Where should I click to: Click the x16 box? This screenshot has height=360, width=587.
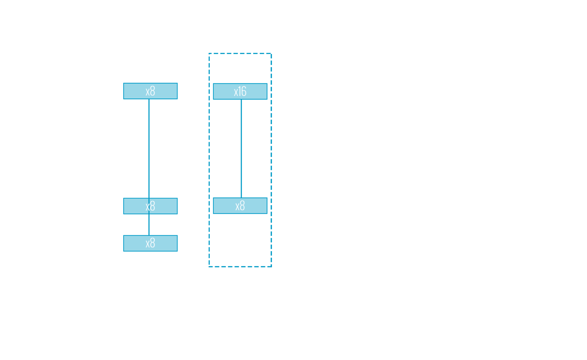(240, 91)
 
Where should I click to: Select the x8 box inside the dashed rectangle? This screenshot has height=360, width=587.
(240, 206)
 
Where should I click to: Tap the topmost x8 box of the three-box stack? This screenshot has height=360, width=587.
(150, 91)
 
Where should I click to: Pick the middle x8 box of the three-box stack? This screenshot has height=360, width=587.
(150, 206)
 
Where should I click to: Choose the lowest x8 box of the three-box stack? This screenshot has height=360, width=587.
(150, 243)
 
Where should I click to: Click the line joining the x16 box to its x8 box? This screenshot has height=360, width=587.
(241, 149)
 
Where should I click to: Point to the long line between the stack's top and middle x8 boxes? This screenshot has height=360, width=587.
(149, 149)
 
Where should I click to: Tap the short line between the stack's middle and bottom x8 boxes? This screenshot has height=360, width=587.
(149, 225)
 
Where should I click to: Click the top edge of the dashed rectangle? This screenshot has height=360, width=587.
(240, 54)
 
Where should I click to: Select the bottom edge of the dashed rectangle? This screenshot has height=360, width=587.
(240, 267)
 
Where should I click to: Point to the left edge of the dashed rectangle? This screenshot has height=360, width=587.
(209, 160)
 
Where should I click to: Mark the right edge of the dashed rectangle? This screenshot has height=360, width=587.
(271, 160)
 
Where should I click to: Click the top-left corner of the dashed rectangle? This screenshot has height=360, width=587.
(209, 54)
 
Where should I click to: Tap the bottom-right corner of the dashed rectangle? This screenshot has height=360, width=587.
(271, 267)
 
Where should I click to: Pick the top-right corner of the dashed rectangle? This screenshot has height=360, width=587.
(271, 54)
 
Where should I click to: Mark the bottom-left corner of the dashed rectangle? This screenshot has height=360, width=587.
(209, 267)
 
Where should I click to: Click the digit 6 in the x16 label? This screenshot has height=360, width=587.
(244, 91)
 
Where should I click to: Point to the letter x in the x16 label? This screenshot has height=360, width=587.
(236, 93)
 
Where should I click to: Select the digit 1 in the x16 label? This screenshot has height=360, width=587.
(240, 91)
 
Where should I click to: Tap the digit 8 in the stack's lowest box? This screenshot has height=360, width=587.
(152, 243)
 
